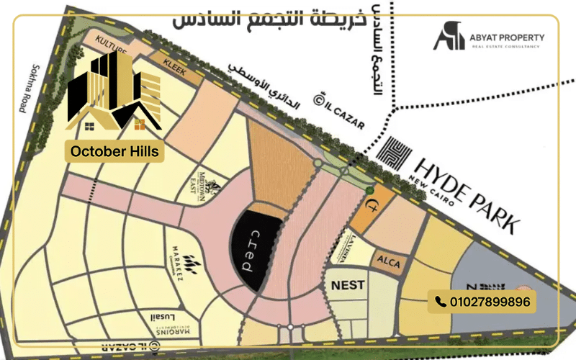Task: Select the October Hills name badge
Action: pyautogui.click(x=115, y=152)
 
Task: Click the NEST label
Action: pyautogui.click(x=347, y=285)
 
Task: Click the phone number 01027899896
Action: pyautogui.click(x=490, y=302)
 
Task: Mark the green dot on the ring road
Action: pyautogui.click(x=369, y=190)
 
